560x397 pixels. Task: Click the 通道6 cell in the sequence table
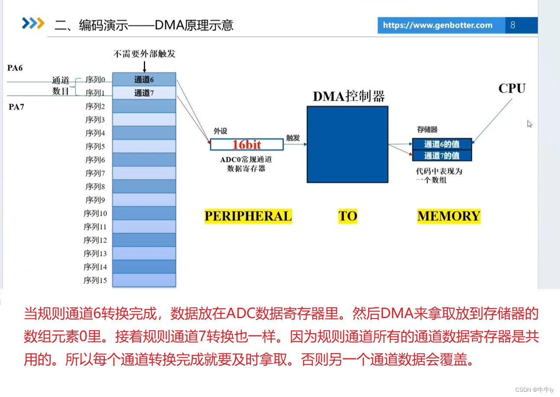[x=144, y=79]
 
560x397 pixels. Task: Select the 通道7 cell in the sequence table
[x=144, y=93]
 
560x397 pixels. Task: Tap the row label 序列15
[x=95, y=280]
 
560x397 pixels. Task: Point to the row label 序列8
[x=95, y=186]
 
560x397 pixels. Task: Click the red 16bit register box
[x=247, y=144]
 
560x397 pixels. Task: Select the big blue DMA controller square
[x=347, y=144]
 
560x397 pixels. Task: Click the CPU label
[x=511, y=88]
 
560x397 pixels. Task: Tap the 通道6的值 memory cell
[x=441, y=144]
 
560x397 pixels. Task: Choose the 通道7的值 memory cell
[x=441, y=156]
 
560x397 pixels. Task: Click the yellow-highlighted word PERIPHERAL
[x=248, y=216]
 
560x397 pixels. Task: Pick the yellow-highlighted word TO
[x=348, y=216]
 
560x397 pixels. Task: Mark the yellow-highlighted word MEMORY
[x=449, y=216]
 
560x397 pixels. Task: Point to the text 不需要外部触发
[x=144, y=54]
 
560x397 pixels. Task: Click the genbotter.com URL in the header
[x=437, y=25]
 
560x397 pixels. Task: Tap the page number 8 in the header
[x=513, y=25]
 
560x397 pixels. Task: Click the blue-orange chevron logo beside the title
[x=33, y=23]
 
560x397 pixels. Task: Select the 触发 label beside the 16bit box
[x=293, y=138]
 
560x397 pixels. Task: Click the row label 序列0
[x=95, y=79]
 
